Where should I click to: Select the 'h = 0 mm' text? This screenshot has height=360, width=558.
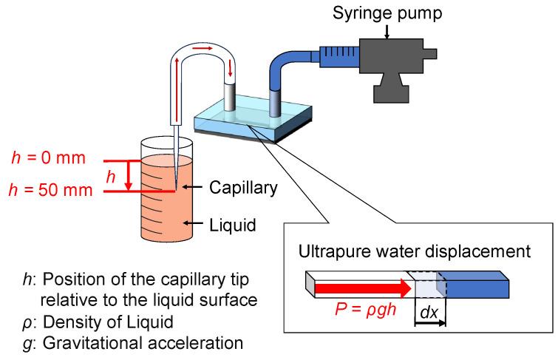49,159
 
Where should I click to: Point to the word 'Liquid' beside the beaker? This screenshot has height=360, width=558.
232,223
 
